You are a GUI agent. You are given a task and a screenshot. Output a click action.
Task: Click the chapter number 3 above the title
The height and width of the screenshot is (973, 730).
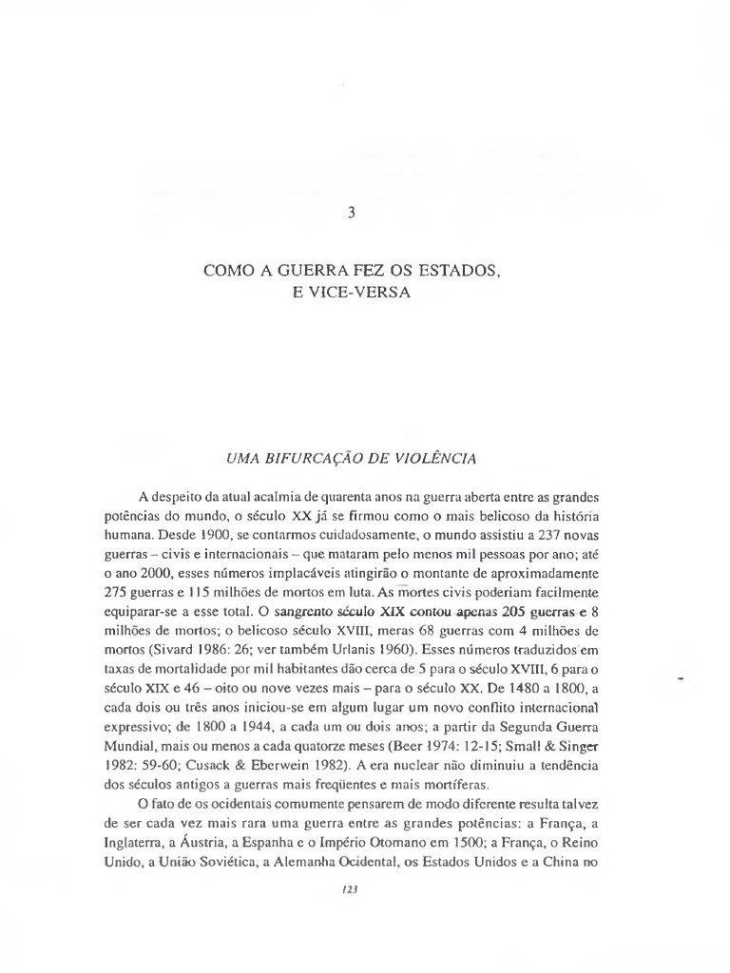(351, 214)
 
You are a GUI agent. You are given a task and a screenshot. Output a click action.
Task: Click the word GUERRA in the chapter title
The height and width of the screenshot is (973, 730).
(300, 272)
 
